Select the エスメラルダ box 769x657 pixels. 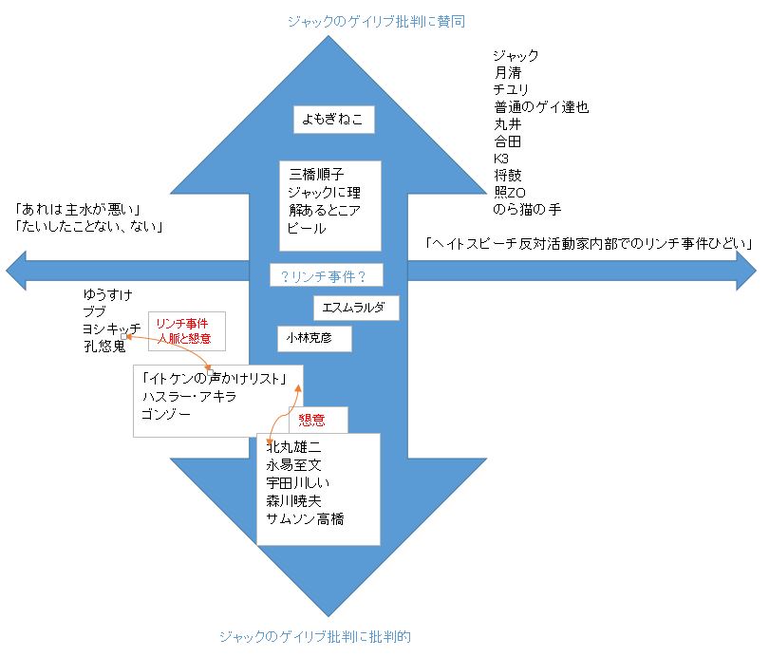point(356,308)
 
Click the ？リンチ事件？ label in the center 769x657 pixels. point(318,276)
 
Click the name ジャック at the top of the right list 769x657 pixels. point(516,55)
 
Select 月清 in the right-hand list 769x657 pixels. point(507,72)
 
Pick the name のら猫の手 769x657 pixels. point(528,209)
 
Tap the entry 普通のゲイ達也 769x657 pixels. point(541,106)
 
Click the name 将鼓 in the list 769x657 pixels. point(507,175)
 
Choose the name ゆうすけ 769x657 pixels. point(106,295)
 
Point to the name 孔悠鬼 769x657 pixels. point(104,347)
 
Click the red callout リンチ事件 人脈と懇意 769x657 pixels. point(186,330)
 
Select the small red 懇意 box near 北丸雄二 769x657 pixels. point(318,420)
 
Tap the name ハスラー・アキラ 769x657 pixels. point(188,396)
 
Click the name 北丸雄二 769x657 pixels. point(295,447)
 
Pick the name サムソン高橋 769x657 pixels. point(306,518)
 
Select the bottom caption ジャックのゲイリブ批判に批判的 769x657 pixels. point(314,636)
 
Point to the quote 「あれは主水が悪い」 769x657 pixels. point(78,209)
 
